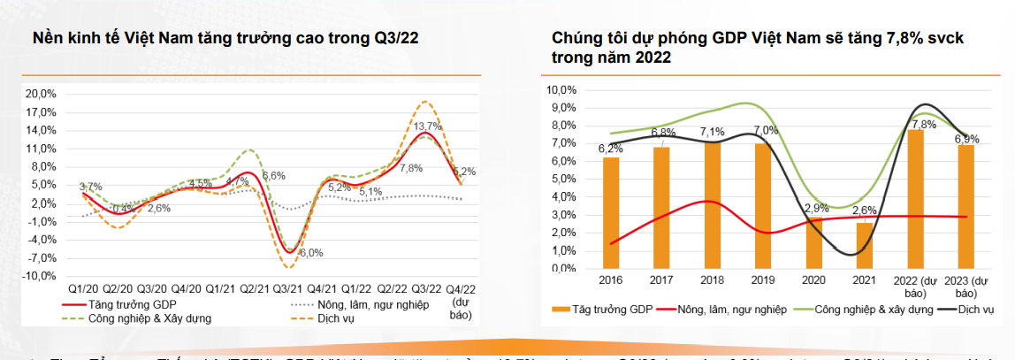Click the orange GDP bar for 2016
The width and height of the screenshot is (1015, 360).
[x=611, y=212]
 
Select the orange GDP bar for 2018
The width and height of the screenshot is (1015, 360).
[x=713, y=204]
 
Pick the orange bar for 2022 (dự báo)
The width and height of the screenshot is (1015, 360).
[x=915, y=199]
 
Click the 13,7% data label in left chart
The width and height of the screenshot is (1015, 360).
[x=428, y=126]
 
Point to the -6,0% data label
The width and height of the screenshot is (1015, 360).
[x=310, y=253]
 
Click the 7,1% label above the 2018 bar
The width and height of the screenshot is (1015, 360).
[x=713, y=133]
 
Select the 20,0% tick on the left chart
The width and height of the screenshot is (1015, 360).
[x=42, y=93]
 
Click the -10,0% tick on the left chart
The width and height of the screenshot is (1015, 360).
[x=40, y=276]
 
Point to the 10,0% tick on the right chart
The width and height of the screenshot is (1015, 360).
[x=562, y=90]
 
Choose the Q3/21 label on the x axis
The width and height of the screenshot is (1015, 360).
[x=287, y=289]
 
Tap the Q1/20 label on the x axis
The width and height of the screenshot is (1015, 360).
[x=83, y=289]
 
